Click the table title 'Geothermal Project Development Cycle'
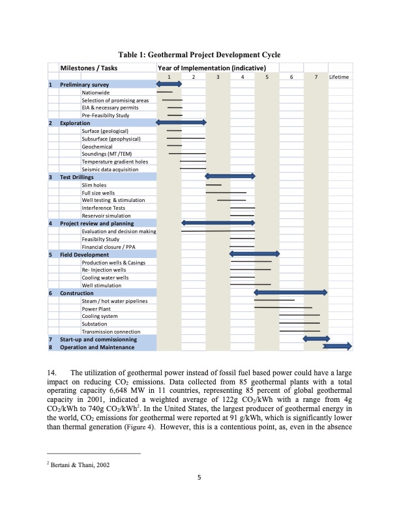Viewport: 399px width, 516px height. pyautogui.click(x=199, y=54)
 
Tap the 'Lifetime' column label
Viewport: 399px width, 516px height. pyautogui.click(x=339, y=77)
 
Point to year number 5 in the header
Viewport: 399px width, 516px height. pyautogui.click(x=267, y=77)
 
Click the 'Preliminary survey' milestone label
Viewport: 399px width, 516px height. pyautogui.click(x=84, y=85)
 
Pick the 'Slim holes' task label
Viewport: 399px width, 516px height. pyautogui.click(x=94, y=185)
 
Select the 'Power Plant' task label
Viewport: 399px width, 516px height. pyautogui.click(x=96, y=308)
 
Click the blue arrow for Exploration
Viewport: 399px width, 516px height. pyautogui.click(x=181, y=122)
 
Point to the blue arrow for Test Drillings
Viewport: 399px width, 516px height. pyautogui.click(x=230, y=177)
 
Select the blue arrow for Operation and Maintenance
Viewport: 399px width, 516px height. pyautogui.click(x=337, y=347)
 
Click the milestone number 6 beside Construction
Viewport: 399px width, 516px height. pyautogui.click(x=51, y=293)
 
